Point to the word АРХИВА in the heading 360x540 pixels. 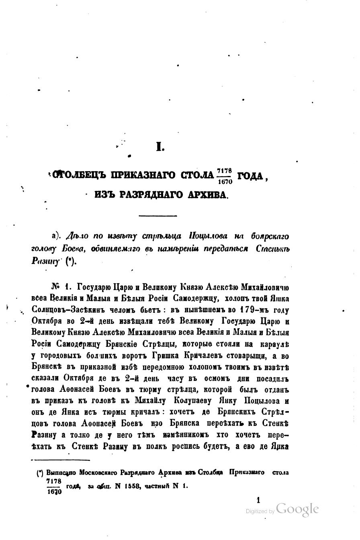click(x=206, y=195)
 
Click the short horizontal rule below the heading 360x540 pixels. click(x=157, y=216)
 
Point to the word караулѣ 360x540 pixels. click(x=273, y=344)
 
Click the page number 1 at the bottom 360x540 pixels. click(x=258, y=500)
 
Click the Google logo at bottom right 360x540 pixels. click(x=297, y=509)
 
